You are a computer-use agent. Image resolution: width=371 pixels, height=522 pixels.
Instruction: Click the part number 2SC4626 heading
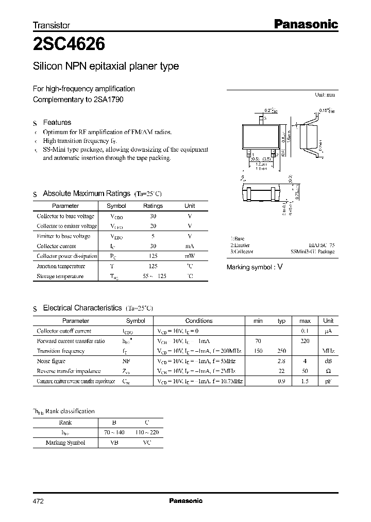(69, 45)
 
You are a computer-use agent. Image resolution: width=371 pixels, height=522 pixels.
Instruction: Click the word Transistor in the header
(52, 25)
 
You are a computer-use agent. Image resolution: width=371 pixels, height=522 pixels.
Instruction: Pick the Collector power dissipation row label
(67, 256)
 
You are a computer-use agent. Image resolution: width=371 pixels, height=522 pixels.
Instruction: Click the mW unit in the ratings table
(190, 256)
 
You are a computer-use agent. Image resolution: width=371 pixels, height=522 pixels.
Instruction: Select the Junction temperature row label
(61, 266)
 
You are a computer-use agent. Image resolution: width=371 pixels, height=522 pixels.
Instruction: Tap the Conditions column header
(199, 321)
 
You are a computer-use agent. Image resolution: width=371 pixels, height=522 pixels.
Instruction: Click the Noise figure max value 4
(305, 361)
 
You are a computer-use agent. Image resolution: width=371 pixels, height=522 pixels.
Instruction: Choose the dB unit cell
(328, 361)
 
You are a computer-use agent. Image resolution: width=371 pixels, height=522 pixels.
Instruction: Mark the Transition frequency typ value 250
(281, 351)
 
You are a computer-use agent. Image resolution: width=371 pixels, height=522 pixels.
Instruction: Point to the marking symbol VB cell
(114, 442)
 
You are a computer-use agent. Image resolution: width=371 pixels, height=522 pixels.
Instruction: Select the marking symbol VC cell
(147, 442)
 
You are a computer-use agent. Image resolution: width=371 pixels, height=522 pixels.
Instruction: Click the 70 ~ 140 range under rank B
(114, 432)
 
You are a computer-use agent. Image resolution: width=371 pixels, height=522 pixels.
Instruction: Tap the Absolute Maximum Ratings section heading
(86, 193)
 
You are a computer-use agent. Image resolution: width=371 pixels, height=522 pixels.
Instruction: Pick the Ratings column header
(153, 206)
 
